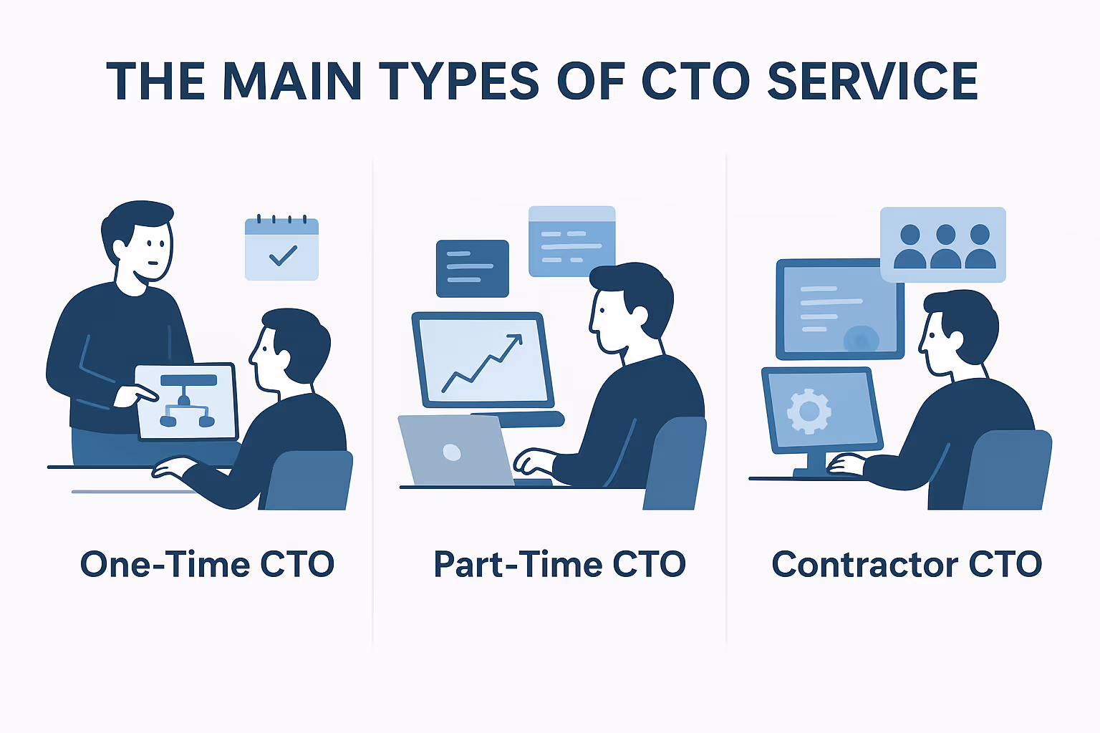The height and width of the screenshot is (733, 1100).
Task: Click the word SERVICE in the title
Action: point(872,81)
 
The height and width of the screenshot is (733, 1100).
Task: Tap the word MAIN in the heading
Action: point(291,81)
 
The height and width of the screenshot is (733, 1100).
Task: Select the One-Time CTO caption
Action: point(208,565)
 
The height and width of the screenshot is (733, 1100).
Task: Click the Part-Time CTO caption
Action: point(560,565)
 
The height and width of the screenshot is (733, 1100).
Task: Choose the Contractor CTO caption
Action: point(907,565)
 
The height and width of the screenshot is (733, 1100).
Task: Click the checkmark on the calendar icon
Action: point(283,255)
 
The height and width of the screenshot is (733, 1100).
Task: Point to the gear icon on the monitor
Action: point(809,411)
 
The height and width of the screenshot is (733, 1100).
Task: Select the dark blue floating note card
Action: point(473,268)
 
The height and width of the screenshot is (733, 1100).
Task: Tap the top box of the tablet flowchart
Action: point(188,380)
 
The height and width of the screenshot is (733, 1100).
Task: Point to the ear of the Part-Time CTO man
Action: point(640,315)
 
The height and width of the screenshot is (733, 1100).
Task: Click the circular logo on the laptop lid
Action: point(452,452)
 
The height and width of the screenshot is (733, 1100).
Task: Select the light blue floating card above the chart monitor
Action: point(571,241)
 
